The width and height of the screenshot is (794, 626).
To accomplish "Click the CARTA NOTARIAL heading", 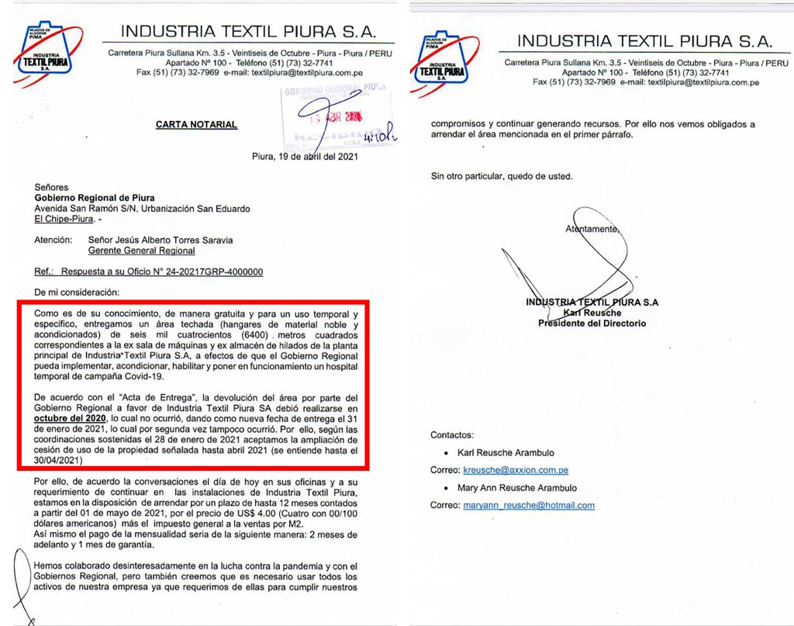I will point(196,124).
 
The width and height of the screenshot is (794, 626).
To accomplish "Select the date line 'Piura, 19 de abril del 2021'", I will point(305,155).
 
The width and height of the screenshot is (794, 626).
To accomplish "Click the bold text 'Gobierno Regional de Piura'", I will point(95,198).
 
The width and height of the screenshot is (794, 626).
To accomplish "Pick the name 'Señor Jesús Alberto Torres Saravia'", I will point(161,240).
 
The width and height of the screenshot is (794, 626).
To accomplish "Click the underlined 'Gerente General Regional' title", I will point(141,251).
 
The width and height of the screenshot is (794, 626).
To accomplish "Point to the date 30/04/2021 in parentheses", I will point(61,461).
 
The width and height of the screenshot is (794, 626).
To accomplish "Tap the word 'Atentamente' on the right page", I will point(592,229).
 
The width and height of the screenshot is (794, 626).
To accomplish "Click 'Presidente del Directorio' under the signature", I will point(592,323).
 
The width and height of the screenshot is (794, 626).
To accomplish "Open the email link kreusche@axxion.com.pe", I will point(516,470).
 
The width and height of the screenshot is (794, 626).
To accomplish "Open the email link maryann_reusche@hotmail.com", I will point(529,505).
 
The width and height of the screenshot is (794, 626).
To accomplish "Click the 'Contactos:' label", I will point(452,435).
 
